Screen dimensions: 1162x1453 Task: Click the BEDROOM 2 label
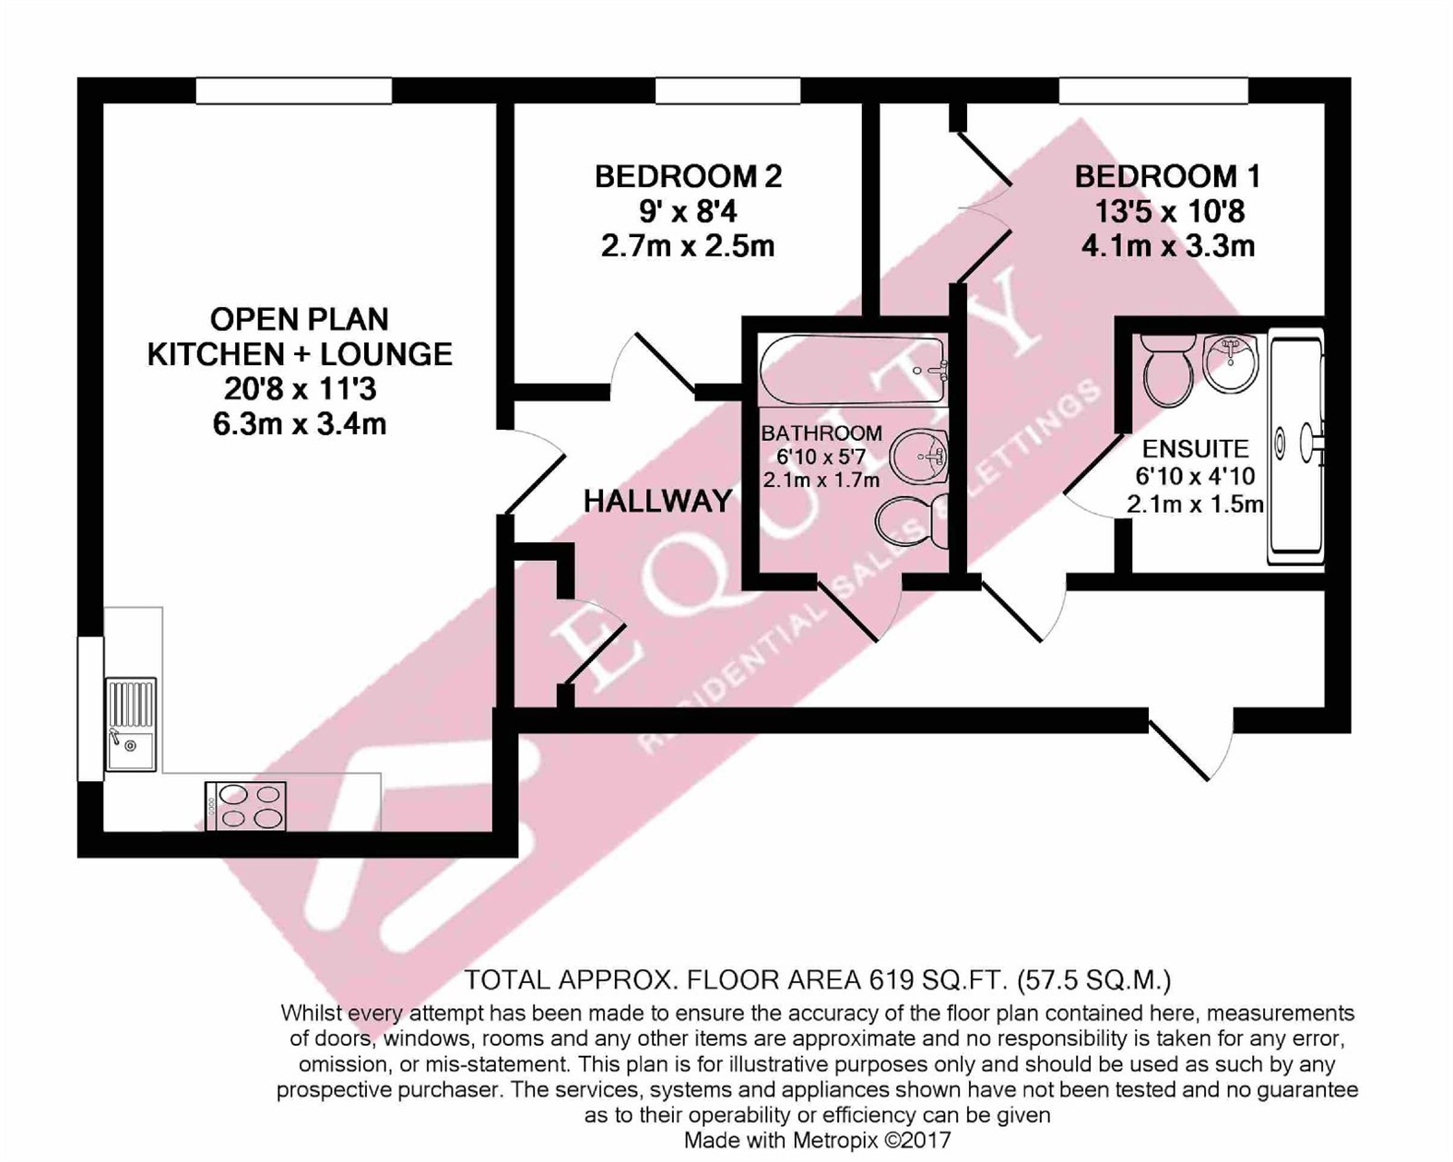pyautogui.click(x=688, y=176)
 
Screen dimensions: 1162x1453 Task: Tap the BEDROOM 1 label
pyautogui.click(x=1167, y=176)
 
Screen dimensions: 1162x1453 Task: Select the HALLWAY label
pyautogui.click(x=657, y=502)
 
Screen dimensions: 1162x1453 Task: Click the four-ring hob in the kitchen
pyautogui.click(x=246, y=806)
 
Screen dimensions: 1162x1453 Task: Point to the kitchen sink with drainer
pyautogui.click(x=130, y=724)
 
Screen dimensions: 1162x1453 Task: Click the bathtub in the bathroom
pyautogui.click(x=852, y=371)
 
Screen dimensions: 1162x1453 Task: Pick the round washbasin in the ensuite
pyautogui.click(x=1230, y=362)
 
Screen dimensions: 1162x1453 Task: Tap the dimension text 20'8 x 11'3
pyautogui.click(x=300, y=389)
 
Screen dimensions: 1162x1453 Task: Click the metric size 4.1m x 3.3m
pyautogui.click(x=1167, y=247)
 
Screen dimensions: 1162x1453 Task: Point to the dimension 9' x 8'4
pyautogui.click(x=688, y=212)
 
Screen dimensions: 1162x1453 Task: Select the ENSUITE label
pyautogui.click(x=1195, y=449)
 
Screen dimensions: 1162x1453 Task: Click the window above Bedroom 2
pyautogui.click(x=727, y=90)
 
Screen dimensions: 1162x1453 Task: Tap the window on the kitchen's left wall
pyautogui.click(x=90, y=708)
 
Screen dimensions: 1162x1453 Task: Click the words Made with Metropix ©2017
pyautogui.click(x=817, y=1141)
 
